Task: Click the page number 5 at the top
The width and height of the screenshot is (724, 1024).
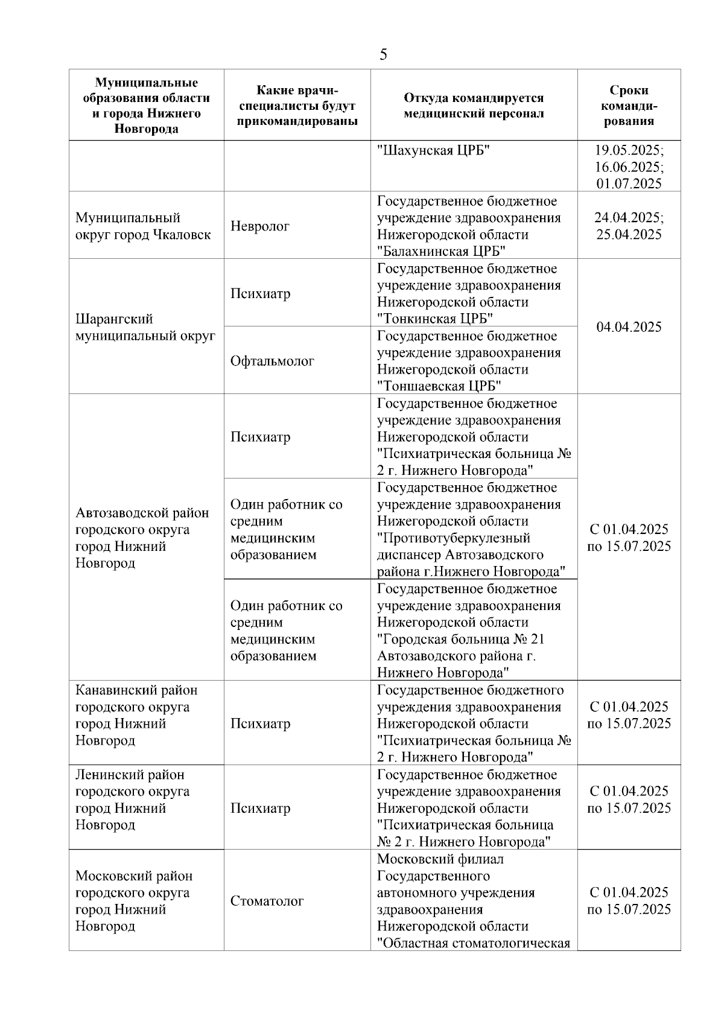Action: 383,55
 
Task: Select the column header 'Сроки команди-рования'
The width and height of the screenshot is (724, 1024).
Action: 629,106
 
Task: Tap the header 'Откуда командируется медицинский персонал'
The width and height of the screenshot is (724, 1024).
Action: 474,106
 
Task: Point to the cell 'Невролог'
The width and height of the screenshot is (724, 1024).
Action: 260,226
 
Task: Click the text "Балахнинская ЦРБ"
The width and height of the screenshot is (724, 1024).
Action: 441,252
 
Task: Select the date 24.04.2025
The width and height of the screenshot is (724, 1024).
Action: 627,218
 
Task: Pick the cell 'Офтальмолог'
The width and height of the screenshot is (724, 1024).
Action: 272,361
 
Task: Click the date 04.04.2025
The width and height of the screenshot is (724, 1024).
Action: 629,327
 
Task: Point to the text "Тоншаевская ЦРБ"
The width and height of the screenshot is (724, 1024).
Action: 440,387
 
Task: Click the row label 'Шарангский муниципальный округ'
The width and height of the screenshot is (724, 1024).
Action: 145,328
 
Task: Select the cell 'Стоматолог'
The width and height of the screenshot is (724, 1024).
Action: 267,902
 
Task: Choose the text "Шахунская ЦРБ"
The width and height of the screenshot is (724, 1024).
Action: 433,150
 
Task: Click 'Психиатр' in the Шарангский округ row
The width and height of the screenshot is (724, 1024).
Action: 260,294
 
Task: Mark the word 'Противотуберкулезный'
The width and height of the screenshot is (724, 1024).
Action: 454,538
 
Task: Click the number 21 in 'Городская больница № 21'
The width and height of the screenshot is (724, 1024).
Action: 538,640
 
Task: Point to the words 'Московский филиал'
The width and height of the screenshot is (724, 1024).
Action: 440,859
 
